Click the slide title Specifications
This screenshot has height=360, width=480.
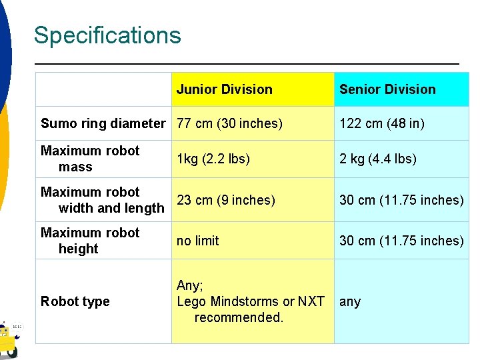pos(107,35)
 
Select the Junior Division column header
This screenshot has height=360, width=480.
pos(224,89)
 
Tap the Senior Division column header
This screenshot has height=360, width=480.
pos(387,89)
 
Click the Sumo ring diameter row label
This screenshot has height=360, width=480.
pos(103,123)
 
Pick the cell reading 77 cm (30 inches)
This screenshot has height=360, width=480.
pos(229,123)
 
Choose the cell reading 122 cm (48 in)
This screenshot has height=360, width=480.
pos(382,123)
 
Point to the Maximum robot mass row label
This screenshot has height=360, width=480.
pos(90,159)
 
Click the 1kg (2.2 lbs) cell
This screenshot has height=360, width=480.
pos(213,159)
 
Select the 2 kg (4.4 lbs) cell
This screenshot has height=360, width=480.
pos(378,159)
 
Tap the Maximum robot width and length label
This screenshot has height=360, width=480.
pos(102,200)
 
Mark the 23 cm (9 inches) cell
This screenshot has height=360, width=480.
pos(225,200)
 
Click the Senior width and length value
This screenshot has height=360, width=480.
pos(401,200)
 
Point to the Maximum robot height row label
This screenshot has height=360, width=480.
pos(90,241)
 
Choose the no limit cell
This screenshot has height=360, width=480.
pos(197,241)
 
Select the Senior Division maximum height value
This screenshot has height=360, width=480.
pos(401,241)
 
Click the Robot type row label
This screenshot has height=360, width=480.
pos(75,301)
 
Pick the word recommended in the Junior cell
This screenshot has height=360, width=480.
pos(239,317)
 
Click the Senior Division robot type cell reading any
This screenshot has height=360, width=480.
pos(350,301)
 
